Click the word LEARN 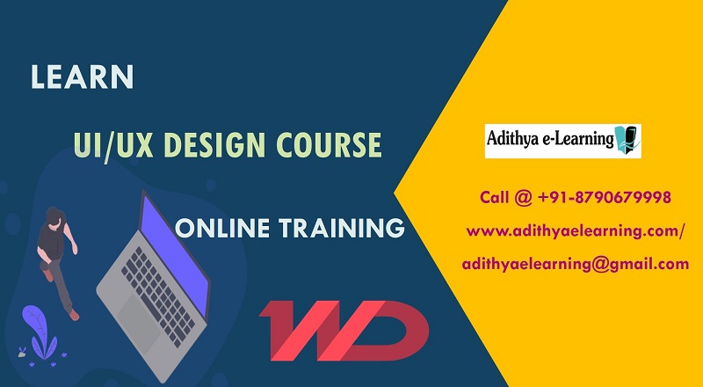[x=82, y=77]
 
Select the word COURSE [x=329, y=145]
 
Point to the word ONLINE [x=222, y=228]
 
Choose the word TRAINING [x=342, y=228]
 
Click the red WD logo [x=344, y=331]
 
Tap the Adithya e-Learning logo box [x=562, y=141]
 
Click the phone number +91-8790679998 [x=604, y=197]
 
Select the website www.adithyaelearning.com [x=574, y=231]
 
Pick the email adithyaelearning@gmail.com [x=576, y=265]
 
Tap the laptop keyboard [x=157, y=296]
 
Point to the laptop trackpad [x=139, y=319]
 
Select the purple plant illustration [x=40, y=333]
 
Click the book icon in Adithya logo [x=627, y=140]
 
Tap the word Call [x=494, y=197]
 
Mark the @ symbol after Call [x=523, y=198]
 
